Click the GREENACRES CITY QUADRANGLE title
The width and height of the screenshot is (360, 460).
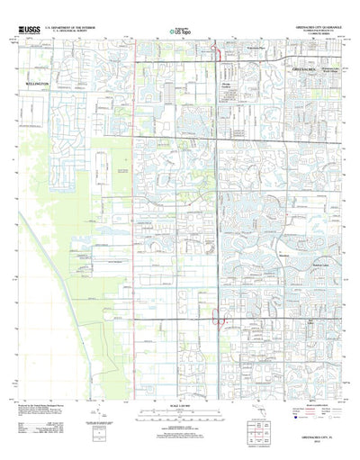click(308, 28)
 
